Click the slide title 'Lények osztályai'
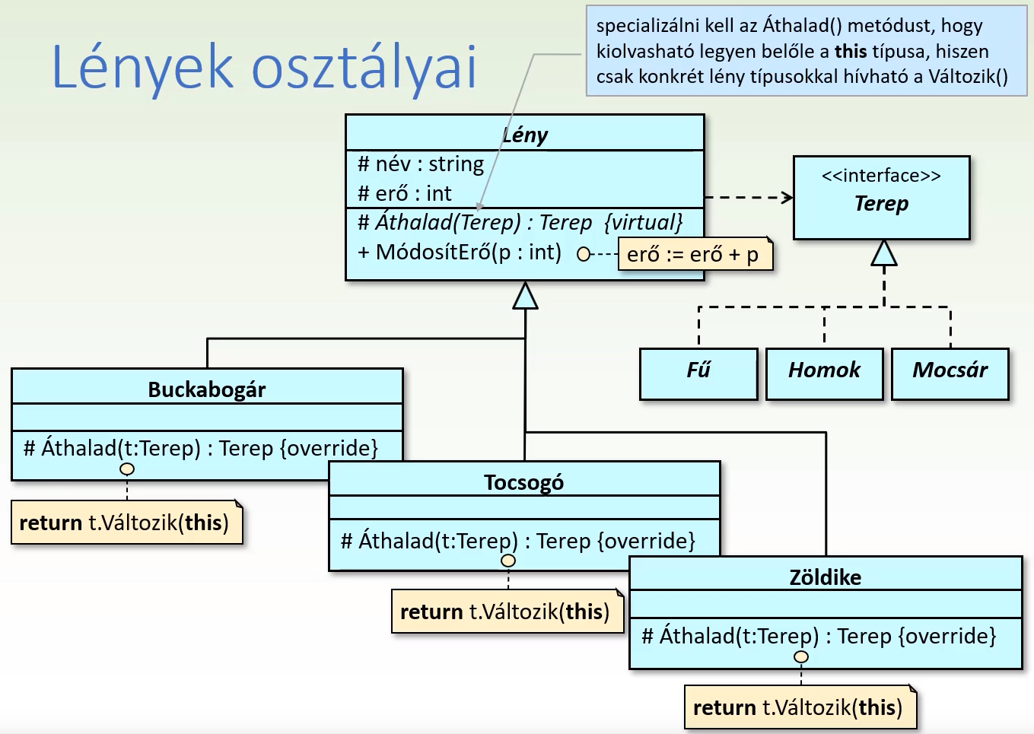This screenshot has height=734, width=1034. coord(264,67)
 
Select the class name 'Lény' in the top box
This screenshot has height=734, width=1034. coord(524,135)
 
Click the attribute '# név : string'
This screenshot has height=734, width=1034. coord(421,164)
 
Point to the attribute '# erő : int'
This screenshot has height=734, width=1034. coord(405,193)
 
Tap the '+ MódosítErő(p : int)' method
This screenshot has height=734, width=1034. coord(460,252)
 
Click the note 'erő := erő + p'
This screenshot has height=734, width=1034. coord(693,254)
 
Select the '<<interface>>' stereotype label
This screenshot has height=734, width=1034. coord(881,176)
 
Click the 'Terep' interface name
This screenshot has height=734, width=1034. coord(881,203)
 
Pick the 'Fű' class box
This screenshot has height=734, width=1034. coord(698,373)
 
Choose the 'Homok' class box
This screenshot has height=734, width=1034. coord(824,373)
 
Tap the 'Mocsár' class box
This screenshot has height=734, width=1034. coord(950,373)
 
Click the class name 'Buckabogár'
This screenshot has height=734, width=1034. coord(207,389)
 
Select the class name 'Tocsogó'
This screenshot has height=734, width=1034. coord(523,482)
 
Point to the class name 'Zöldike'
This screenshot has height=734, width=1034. coord(826,577)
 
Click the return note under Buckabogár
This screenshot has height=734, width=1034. coord(126,523)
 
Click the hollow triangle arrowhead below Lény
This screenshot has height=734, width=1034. coord(525,296)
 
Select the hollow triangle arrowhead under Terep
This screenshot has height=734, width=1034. coord(883,253)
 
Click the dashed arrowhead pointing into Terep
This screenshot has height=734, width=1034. coord(787,198)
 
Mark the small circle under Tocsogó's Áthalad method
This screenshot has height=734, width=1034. coord(508,561)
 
